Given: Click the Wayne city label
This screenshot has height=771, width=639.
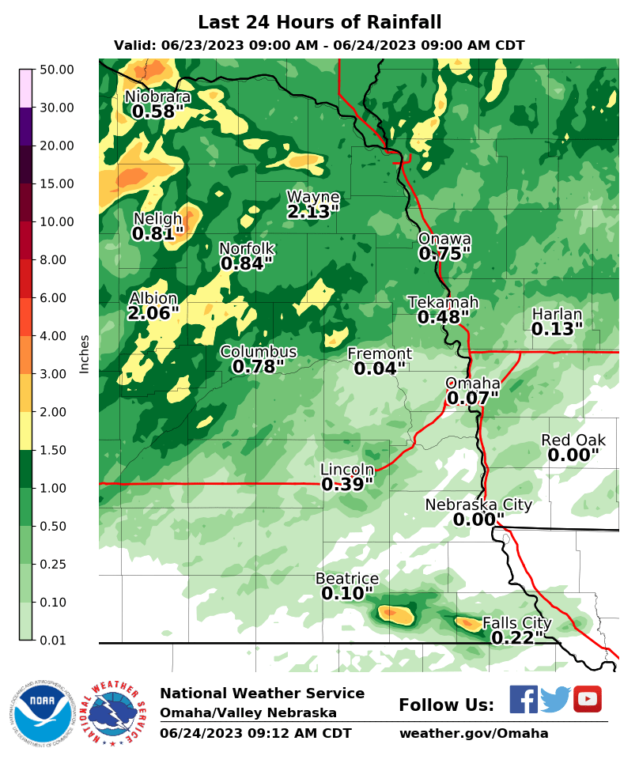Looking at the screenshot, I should [312, 197].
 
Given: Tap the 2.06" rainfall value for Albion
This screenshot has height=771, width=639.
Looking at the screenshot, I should [153, 314].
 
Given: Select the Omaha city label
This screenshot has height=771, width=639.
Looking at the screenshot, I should [473, 384].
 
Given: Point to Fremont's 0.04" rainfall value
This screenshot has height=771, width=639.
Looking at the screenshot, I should [380, 368].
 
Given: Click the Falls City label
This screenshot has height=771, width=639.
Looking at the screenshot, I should [516, 623].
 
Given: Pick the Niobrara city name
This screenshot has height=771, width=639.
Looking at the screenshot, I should [158, 97].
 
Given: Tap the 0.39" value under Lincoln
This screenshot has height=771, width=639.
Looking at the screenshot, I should [347, 484].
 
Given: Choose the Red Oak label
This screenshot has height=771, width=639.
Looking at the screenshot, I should [573, 440].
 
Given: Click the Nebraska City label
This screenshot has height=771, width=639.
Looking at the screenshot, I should [478, 505].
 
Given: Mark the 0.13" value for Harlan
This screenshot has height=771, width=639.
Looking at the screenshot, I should [557, 329].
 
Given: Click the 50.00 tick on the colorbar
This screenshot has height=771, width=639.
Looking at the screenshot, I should [56, 70].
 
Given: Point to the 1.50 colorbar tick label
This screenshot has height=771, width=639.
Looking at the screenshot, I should [56, 451].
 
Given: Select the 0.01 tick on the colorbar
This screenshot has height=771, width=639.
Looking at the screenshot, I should [56, 641].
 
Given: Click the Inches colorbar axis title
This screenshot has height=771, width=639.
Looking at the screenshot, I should [85, 353].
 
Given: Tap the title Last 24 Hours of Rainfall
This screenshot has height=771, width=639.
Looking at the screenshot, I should [319, 22].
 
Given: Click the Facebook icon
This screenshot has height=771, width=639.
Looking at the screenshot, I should [523, 699].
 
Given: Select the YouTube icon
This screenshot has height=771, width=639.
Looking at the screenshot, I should [587, 699].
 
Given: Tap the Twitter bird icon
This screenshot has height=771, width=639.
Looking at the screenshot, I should [555, 699].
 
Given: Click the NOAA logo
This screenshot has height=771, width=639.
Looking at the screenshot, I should [42, 712].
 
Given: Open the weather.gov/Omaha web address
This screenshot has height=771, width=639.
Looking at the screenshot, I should [473, 733].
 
